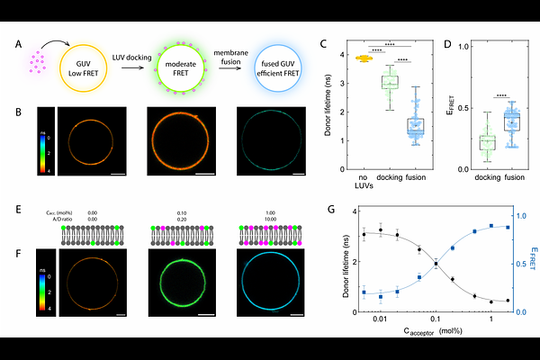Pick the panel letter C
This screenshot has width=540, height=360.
click(323, 43)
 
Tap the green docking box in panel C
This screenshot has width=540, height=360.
click(390, 82)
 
